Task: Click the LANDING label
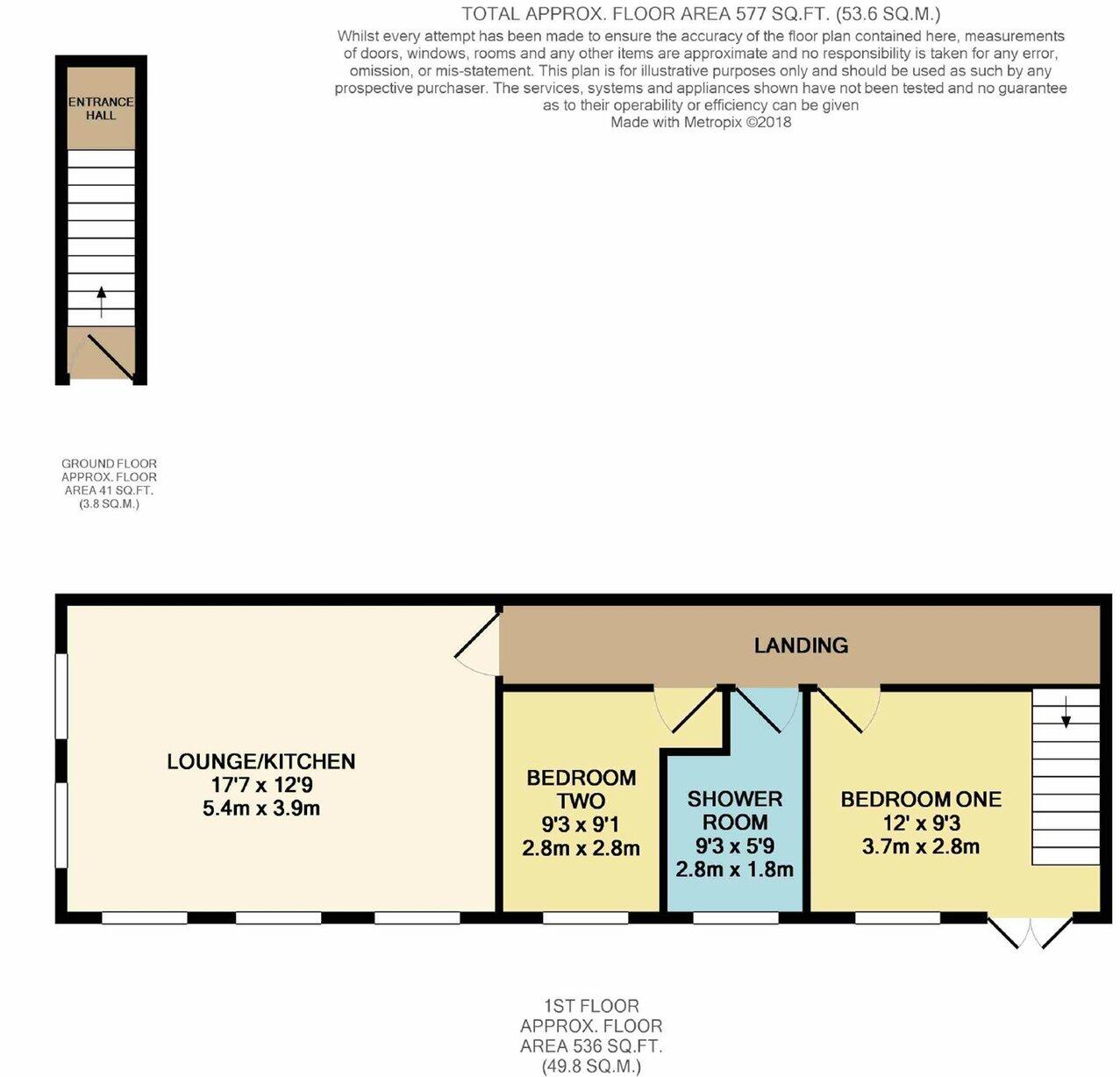801,645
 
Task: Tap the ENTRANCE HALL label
101,108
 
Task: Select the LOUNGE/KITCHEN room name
260,761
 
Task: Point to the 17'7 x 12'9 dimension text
260,785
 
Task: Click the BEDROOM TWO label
581,789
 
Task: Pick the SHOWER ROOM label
734,810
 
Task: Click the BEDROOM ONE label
920,799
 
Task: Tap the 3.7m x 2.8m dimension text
920,846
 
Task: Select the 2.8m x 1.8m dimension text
734,870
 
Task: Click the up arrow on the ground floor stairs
101,302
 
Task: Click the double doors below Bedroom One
1030,933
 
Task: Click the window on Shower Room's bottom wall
735,918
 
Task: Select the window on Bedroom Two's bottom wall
585,918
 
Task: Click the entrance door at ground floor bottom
103,356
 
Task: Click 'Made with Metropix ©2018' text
701,123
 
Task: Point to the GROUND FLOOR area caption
109,483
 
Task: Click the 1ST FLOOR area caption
591,1036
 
